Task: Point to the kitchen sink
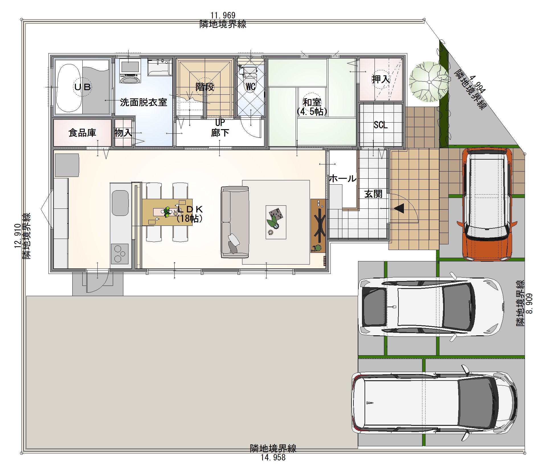(120, 203)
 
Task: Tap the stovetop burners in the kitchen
(120, 254)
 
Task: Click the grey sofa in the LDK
(235, 222)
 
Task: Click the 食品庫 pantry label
(82, 133)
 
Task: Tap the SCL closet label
(381, 125)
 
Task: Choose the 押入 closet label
(381, 79)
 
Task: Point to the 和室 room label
(312, 102)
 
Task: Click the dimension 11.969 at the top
(223, 15)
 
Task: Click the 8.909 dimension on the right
(529, 303)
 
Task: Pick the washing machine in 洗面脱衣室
(130, 71)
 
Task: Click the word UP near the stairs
(220, 123)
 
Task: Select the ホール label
(343, 179)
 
